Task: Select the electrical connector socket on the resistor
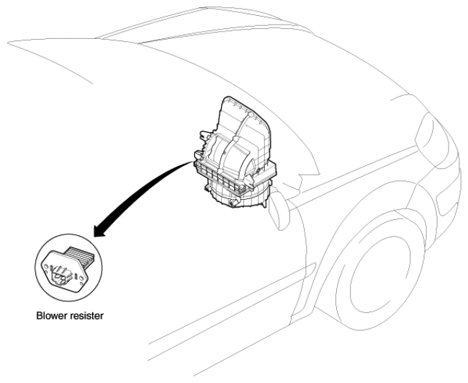coord(61,276)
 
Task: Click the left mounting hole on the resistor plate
coord(46,266)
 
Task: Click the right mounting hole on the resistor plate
coord(82,278)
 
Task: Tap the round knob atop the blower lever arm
coord(251,114)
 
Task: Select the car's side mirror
coord(279,210)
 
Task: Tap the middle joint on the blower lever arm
coord(235,139)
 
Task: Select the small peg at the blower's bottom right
coord(264,205)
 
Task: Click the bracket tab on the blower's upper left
coord(204,135)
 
